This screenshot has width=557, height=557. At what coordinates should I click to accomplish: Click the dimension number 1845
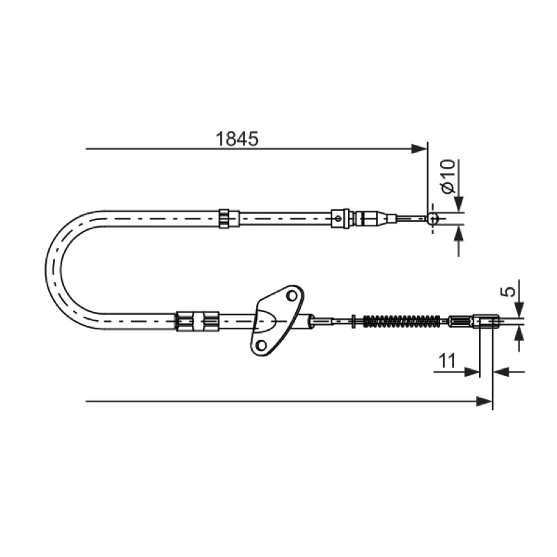coord(237,139)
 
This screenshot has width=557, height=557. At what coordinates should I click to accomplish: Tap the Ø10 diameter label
coord(448,177)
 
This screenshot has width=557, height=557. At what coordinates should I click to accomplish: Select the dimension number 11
coord(447,361)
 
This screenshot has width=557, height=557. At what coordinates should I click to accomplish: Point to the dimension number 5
coord(510,291)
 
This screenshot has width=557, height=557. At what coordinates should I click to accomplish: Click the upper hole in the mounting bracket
coord(292,295)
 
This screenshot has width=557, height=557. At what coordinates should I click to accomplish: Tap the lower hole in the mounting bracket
coord(262,345)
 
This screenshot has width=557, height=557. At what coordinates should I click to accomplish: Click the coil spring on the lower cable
coord(402,321)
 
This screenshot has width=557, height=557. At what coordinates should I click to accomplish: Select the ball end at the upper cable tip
coord(432,218)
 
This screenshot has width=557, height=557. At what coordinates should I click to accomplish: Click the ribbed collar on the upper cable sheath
coord(224,218)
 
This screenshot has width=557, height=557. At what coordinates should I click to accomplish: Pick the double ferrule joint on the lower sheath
coord(198,321)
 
